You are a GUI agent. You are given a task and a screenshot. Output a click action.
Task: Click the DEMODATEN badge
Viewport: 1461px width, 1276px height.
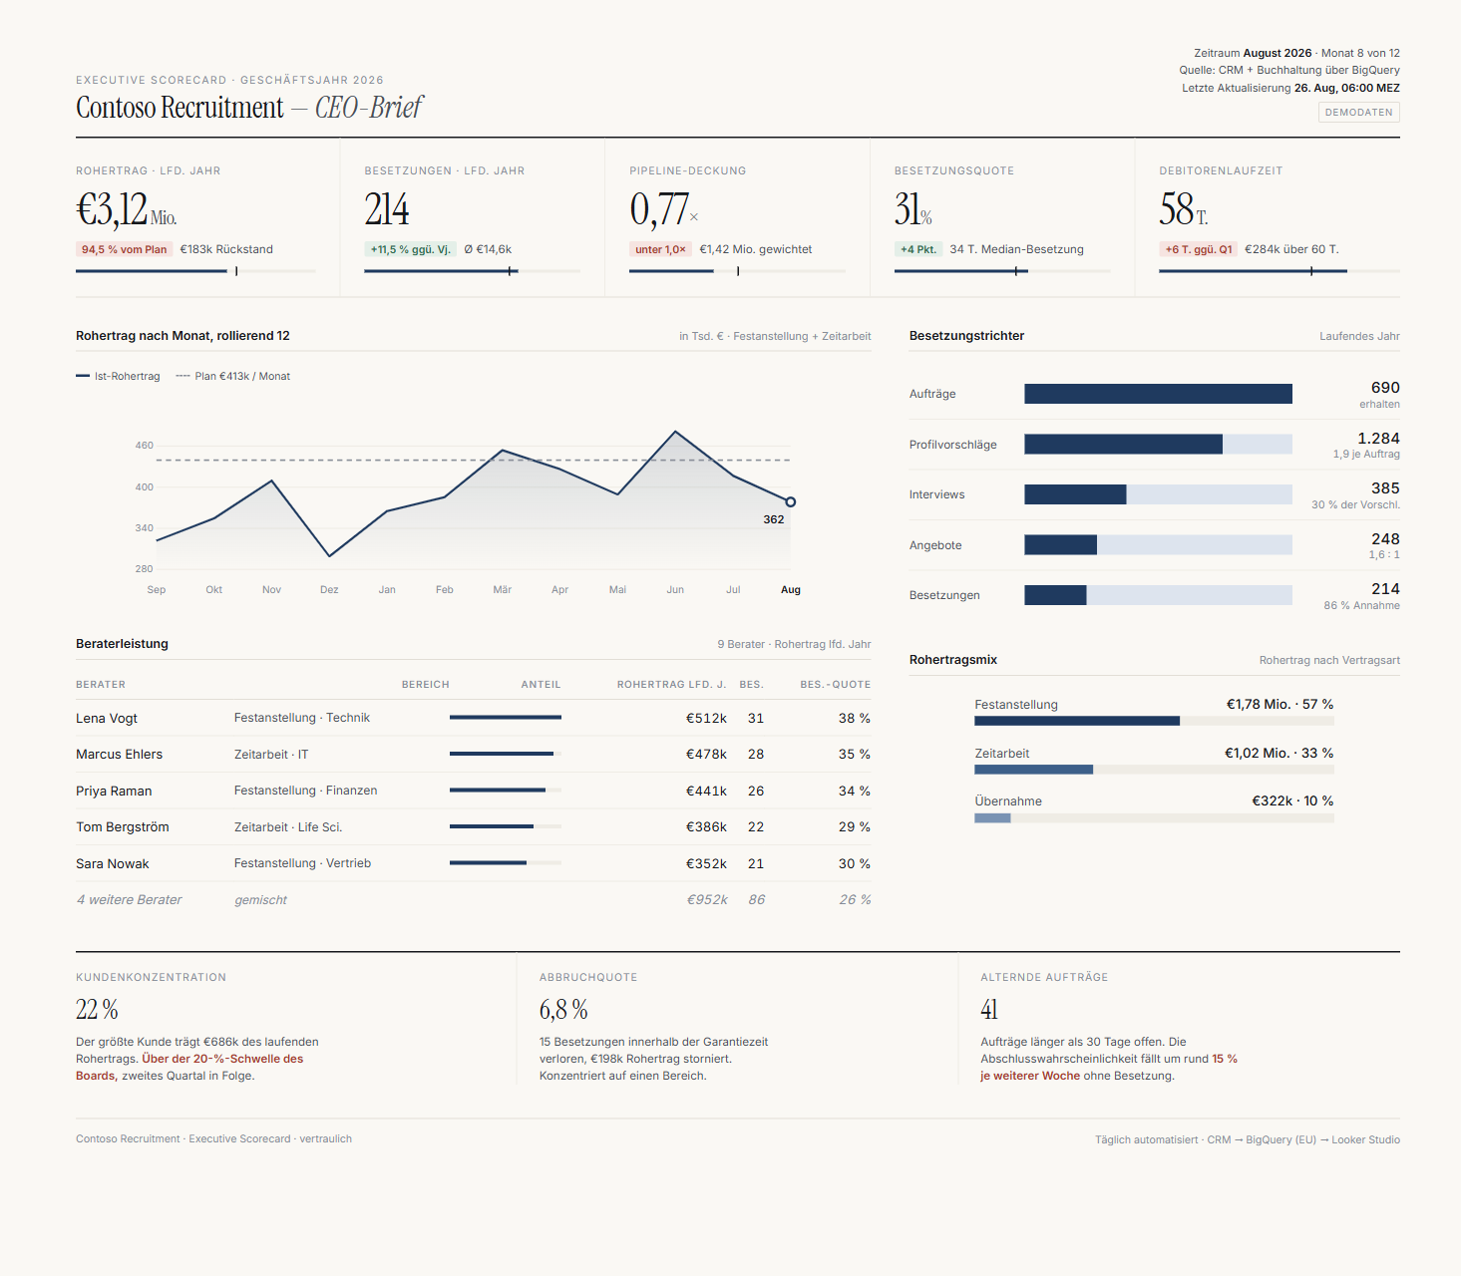click(1358, 112)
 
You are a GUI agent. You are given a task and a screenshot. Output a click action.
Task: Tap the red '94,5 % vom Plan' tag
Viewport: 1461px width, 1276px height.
click(125, 250)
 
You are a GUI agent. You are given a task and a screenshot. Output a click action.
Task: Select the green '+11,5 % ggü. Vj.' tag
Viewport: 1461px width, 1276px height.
click(410, 250)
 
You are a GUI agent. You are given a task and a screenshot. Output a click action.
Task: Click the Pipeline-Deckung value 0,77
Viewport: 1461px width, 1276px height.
click(659, 209)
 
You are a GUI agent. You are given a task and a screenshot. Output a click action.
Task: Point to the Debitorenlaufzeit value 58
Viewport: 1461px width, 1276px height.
click(1176, 209)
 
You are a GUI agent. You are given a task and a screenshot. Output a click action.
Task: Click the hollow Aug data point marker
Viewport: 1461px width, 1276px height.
click(791, 501)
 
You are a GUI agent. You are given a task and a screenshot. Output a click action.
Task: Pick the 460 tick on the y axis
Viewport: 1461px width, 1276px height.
click(145, 446)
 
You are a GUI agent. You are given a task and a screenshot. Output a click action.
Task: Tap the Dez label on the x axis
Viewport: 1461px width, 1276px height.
click(329, 589)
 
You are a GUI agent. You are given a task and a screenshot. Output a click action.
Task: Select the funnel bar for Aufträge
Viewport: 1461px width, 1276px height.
click(1158, 394)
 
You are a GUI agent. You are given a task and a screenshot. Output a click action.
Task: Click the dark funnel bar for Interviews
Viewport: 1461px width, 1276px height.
click(1075, 494)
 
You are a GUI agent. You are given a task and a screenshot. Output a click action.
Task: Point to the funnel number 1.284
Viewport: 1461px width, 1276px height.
click(1378, 439)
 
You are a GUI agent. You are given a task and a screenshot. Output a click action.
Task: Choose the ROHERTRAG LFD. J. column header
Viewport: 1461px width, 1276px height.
click(671, 685)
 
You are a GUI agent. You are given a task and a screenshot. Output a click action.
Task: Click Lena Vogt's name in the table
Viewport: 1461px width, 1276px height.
click(107, 719)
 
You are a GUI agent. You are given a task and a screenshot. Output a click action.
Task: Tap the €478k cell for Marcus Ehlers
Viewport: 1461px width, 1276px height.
click(706, 755)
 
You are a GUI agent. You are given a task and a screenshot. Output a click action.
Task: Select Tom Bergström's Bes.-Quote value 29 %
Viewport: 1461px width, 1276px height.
click(854, 827)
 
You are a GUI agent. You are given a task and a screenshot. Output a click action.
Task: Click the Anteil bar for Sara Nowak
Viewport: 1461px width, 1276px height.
click(488, 863)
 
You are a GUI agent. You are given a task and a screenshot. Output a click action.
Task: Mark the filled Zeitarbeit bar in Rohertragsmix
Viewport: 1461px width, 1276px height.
click(1033, 770)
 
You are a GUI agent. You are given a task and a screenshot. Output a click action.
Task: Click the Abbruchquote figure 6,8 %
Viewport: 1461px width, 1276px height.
click(563, 1010)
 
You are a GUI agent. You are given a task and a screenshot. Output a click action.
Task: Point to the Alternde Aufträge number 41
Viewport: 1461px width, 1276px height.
click(989, 1010)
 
